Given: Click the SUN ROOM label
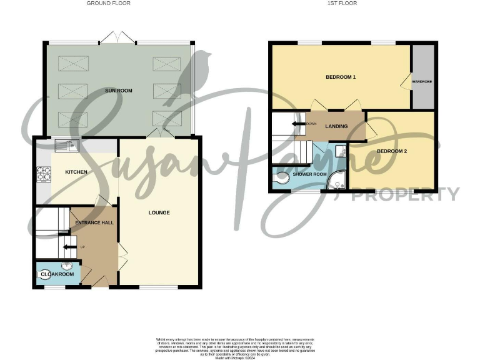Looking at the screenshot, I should tap(119, 91).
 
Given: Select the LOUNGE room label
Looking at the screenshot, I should tap(159, 212).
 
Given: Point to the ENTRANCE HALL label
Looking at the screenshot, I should tap(94, 222).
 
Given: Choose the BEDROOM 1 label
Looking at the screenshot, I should tap(341, 77).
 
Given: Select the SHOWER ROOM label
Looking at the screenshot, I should tap(310, 174).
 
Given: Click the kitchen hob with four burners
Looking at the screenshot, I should tap(44, 173).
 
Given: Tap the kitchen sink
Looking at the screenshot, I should tap(65, 146).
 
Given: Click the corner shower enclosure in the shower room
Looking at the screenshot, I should tap(339, 179).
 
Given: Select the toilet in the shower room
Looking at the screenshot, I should tap(279, 179).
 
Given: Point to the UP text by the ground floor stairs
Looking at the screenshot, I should tap(82, 247).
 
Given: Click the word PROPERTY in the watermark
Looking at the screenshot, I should tap(405, 195).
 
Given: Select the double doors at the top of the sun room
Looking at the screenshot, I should tap(117, 39).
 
